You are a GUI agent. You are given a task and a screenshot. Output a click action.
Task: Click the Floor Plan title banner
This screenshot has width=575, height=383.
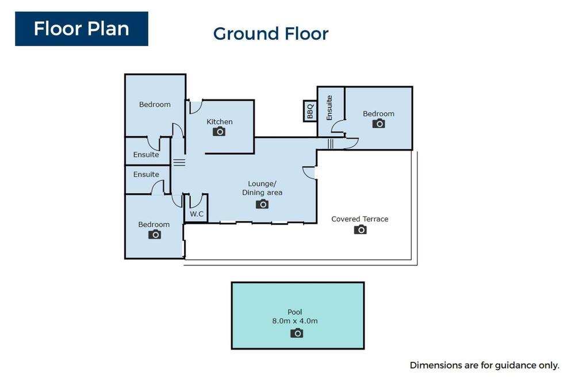[82, 29]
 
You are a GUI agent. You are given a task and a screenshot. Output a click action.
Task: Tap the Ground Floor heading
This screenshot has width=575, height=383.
[271, 34]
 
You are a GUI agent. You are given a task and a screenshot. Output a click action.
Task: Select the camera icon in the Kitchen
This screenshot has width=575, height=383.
[219, 131]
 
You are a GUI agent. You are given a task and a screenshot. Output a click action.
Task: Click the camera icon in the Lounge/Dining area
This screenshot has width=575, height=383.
[262, 204]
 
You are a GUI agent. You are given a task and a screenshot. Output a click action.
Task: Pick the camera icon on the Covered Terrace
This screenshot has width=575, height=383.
[361, 229]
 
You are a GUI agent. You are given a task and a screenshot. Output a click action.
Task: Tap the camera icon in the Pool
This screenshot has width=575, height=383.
[297, 333]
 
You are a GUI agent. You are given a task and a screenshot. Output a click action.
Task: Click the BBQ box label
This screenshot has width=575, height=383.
[310, 111]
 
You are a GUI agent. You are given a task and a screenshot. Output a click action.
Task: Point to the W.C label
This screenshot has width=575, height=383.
[197, 214]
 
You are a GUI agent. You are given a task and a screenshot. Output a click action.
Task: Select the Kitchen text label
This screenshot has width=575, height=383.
[219, 121]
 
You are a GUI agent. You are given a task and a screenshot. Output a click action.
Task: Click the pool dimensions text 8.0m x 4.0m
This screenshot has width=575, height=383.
[295, 321]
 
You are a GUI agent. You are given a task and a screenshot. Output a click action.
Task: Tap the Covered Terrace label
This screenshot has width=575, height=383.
[360, 219]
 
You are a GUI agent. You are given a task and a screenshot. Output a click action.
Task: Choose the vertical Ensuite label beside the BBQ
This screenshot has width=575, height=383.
[329, 108]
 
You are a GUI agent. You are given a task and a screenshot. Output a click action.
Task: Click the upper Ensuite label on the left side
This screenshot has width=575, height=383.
[146, 155]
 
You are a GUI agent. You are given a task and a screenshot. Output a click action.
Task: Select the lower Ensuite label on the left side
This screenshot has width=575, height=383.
[146, 174]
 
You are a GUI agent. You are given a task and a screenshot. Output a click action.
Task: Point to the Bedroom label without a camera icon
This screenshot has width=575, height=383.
[155, 105]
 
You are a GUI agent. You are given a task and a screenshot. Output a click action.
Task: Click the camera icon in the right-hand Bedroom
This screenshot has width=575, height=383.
[379, 124]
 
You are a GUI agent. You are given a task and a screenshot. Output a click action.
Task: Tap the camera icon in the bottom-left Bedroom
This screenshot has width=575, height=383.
[155, 235]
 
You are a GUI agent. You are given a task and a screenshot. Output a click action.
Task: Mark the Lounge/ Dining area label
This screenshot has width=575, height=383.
[262, 188]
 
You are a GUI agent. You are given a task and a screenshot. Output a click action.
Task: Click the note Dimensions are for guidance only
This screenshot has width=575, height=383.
[484, 365]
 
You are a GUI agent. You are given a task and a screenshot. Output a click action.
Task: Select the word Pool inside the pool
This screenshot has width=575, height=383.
[295, 312]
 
